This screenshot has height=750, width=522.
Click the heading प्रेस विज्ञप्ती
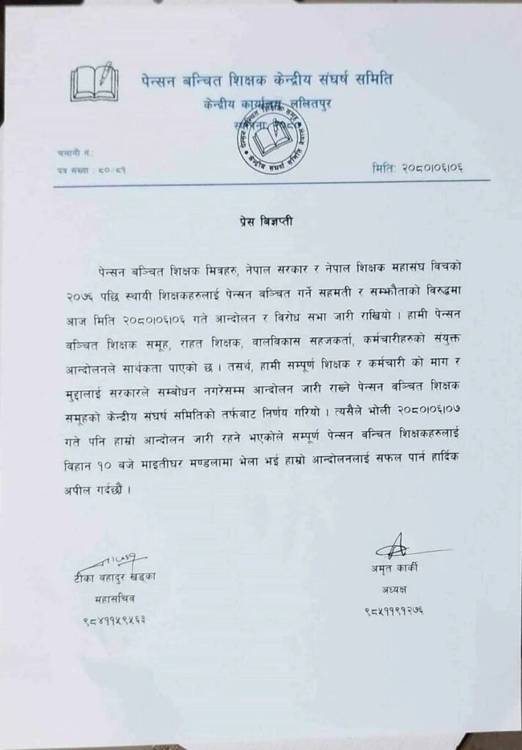[x=260, y=219]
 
